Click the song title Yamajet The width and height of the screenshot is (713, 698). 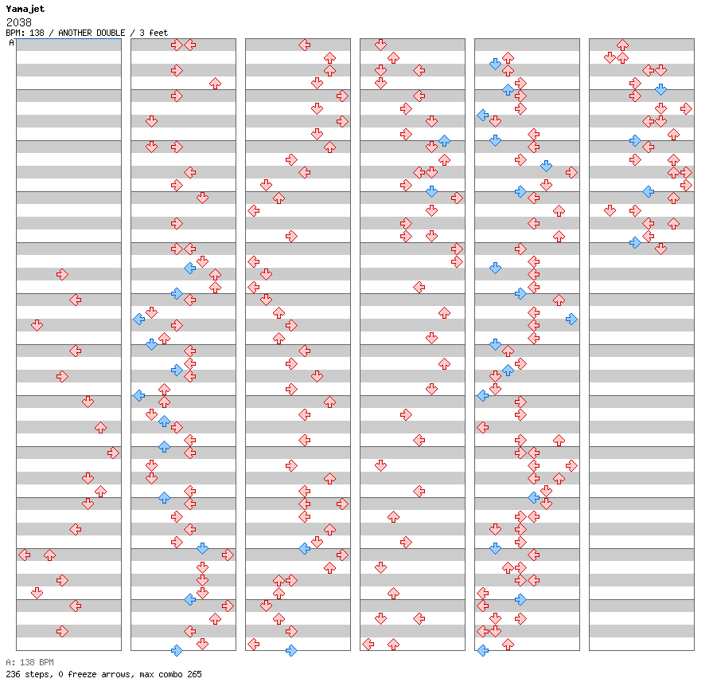[x=25, y=9]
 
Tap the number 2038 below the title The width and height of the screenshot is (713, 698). [x=19, y=22]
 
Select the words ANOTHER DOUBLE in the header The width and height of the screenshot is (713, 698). [x=92, y=33]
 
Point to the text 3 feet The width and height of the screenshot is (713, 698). [x=154, y=33]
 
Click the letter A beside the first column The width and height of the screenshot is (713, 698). [x=11, y=43]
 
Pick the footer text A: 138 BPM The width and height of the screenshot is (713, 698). [x=29, y=662]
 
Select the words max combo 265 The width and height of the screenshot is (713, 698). [x=170, y=674]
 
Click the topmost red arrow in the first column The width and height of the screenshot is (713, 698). [x=62, y=275]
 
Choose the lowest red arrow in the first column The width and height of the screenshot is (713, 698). [x=62, y=632]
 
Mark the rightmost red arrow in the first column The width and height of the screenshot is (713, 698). [x=113, y=453]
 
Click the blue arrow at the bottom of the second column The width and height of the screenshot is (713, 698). [x=177, y=651]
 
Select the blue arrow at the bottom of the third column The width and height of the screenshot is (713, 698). [x=291, y=651]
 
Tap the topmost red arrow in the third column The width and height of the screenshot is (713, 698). [x=304, y=45]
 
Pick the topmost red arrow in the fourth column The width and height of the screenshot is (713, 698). [x=380, y=45]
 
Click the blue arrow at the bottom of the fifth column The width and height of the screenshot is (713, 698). [x=482, y=651]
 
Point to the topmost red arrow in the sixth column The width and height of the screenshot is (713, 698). [x=622, y=45]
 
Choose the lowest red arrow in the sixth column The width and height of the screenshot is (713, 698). [x=660, y=249]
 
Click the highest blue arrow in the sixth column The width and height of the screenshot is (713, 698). [x=660, y=90]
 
